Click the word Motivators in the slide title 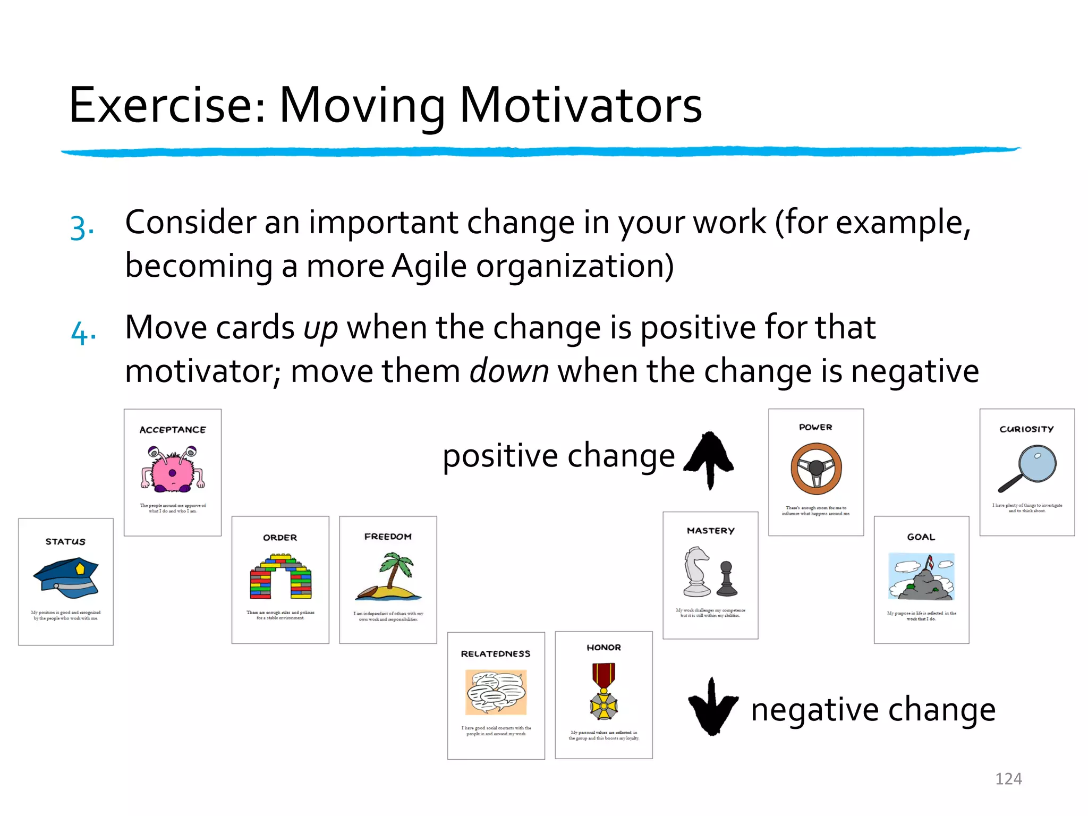click(580, 105)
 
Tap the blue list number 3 click(81, 228)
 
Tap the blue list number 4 click(83, 334)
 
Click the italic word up click(320, 328)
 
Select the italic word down click(509, 371)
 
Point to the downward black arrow click(712, 707)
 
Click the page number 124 click(1008, 778)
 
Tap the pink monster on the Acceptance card click(172, 469)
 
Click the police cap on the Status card click(66, 578)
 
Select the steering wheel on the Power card click(816, 469)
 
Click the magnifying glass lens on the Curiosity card click(1038, 463)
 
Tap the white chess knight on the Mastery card click(696, 572)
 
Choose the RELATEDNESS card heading click(495, 653)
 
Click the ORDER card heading click(280, 538)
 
